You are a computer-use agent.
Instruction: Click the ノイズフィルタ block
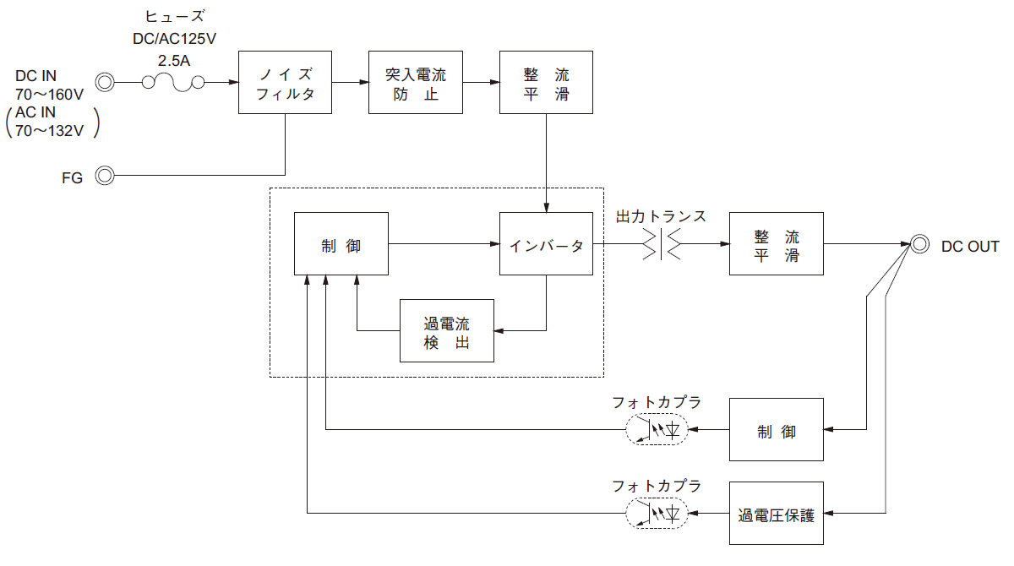tap(285, 82)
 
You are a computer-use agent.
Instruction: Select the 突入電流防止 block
tap(416, 82)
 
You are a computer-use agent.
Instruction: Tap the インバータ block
tap(546, 244)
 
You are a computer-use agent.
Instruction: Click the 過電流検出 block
tap(446, 331)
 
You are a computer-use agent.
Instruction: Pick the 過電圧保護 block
tap(776, 514)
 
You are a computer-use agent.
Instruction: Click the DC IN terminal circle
tap(105, 82)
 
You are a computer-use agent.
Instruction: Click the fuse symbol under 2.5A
tap(173, 82)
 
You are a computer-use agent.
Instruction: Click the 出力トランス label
tap(661, 216)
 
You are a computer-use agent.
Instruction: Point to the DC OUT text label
tap(970, 246)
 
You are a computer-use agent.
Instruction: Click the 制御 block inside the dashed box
tap(341, 244)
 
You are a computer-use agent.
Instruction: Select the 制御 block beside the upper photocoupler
tap(776, 430)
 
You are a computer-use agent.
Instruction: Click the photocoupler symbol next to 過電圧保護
tap(657, 514)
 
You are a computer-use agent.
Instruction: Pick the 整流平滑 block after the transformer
tap(776, 244)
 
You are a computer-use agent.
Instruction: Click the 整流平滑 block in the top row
tap(546, 82)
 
